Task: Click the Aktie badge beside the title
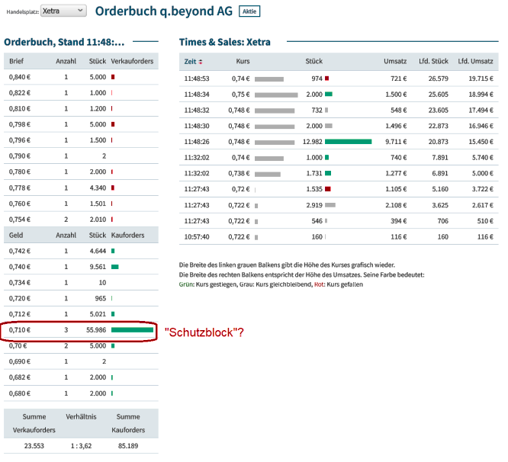[x=249, y=11]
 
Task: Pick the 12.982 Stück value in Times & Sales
[x=312, y=142]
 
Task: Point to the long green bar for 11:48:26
[x=348, y=142]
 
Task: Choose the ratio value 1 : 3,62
[x=80, y=446]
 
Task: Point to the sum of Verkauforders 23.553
[x=33, y=446]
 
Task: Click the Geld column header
[x=16, y=235]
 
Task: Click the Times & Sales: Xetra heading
[x=224, y=41]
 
